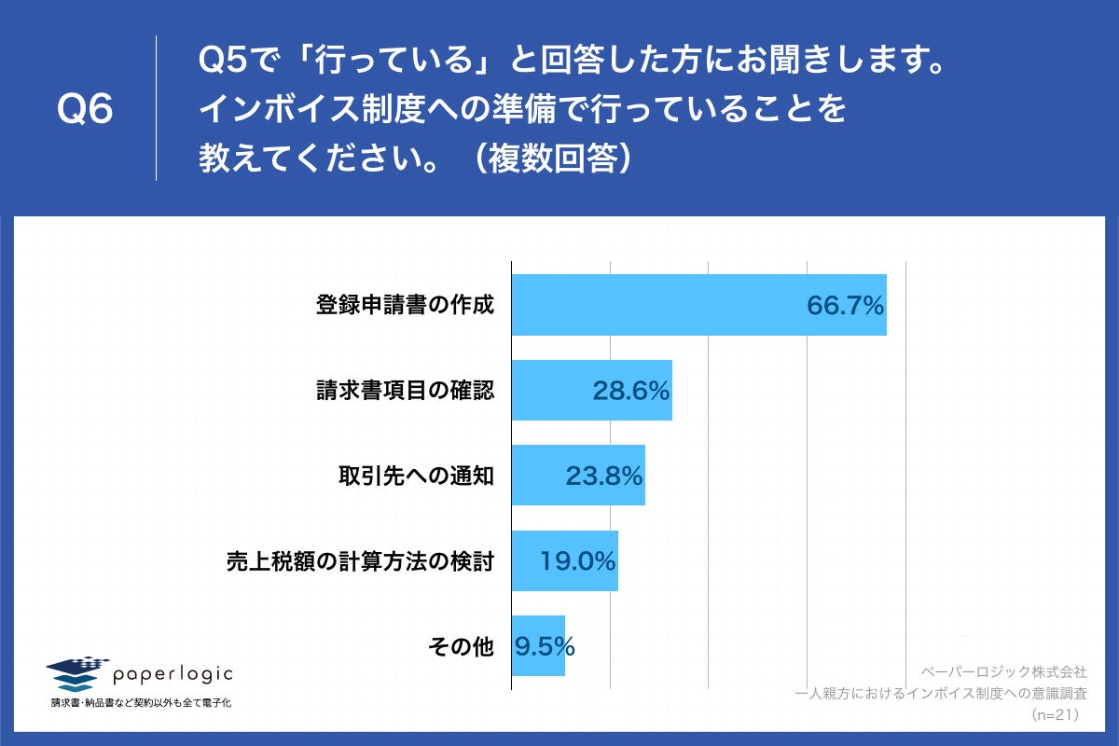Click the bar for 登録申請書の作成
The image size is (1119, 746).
(653, 305)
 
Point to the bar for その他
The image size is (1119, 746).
(538, 646)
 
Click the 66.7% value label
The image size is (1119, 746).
(845, 305)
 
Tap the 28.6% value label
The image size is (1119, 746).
(631, 391)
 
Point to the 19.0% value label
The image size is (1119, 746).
(578, 561)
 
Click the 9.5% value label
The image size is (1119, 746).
(544, 646)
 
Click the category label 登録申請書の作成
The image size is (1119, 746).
(405, 305)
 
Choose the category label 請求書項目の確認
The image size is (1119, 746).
(405, 391)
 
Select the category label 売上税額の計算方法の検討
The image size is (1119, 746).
(360, 561)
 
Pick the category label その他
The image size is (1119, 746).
(460, 646)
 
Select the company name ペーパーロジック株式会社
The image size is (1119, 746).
(1003, 671)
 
